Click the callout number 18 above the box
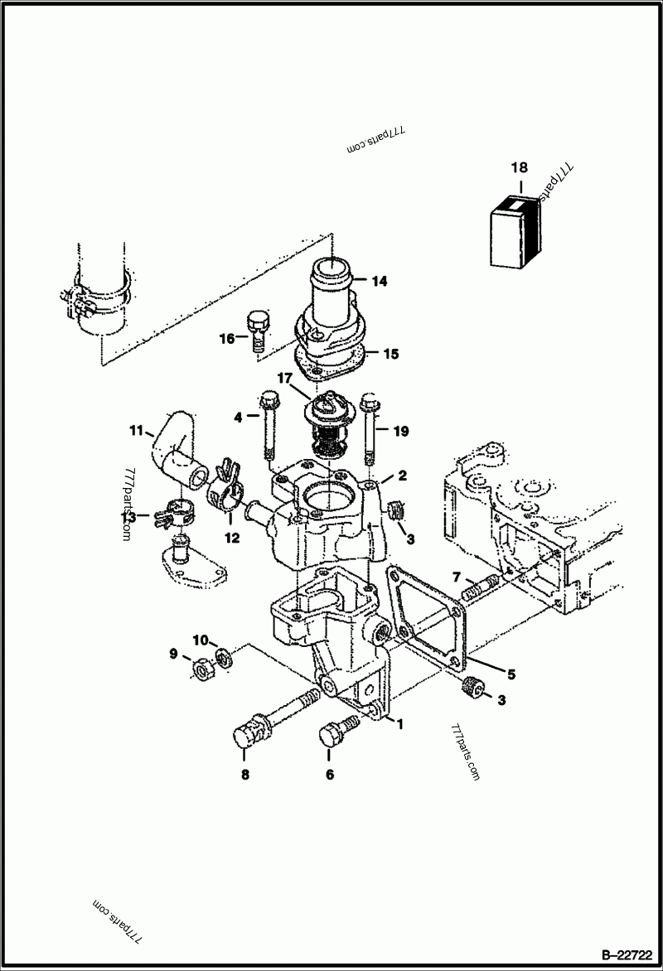(x=520, y=167)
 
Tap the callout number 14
(x=380, y=282)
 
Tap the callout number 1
(x=399, y=723)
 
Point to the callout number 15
(x=390, y=354)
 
